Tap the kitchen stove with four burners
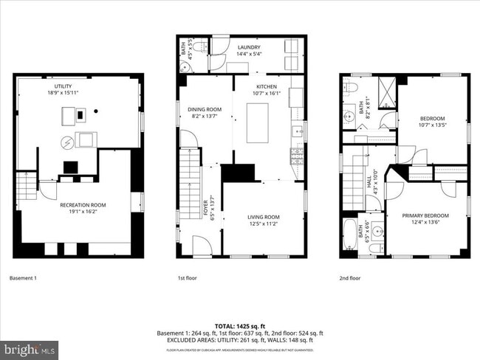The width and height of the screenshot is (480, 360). (x=298, y=156)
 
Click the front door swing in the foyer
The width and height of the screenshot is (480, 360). (x=201, y=246)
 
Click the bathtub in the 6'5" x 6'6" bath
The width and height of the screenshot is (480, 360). (x=349, y=236)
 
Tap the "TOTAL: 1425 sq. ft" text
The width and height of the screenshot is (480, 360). (x=239, y=325)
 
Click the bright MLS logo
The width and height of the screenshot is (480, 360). (x=30, y=347)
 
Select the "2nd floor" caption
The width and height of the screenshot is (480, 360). (x=349, y=278)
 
